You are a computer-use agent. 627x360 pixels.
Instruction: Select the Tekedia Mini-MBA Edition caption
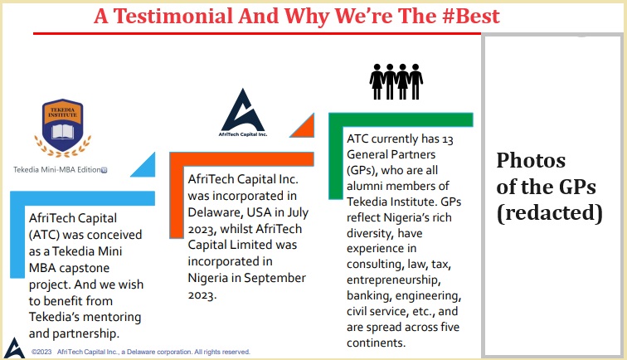click(59, 170)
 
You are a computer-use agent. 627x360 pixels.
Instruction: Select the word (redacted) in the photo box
click(549, 212)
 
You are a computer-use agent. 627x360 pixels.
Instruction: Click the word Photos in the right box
click(531, 159)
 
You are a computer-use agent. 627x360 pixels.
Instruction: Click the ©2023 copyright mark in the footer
click(42, 352)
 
